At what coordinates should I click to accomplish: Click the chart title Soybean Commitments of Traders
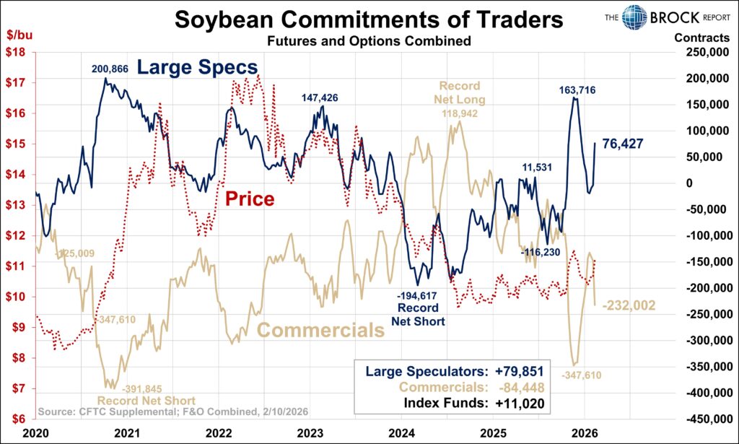click(x=368, y=19)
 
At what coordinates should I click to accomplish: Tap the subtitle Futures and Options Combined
click(x=369, y=41)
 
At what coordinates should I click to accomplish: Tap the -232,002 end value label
click(x=629, y=305)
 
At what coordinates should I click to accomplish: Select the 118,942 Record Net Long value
click(x=459, y=113)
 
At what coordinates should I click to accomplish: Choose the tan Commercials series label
click(x=320, y=331)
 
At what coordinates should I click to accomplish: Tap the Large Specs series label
click(x=197, y=69)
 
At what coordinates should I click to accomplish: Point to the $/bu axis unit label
click(x=19, y=35)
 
